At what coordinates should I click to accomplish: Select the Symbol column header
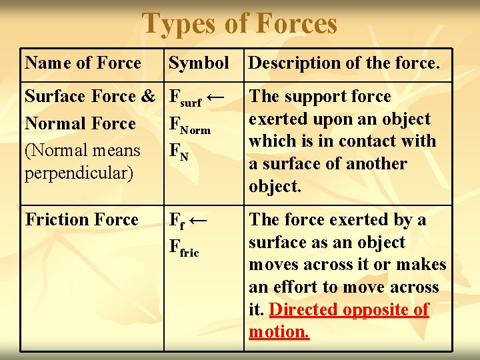click(199, 63)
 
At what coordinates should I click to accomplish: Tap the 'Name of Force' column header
click(83, 63)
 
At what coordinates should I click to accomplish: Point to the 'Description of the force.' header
click(344, 63)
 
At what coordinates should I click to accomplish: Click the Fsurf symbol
click(184, 98)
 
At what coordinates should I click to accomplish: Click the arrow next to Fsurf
click(215, 97)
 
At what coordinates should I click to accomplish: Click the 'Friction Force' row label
click(81, 220)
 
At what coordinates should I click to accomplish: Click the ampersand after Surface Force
click(148, 97)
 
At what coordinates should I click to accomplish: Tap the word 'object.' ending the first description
click(275, 187)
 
